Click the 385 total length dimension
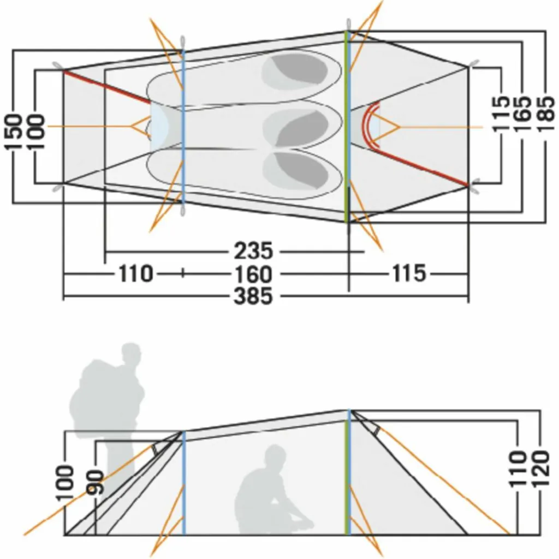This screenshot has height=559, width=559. point(253,296)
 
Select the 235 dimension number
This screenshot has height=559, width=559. point(253,251)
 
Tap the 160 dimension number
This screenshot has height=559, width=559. point(253,274)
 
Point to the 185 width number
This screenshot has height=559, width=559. point(546,114)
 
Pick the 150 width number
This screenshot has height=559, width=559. point(13,132)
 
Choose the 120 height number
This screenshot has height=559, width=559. point(540,468)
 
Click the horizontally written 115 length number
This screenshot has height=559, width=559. point(409,274)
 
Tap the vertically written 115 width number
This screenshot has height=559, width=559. point(501,114)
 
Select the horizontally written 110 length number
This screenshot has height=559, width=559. point(135,274)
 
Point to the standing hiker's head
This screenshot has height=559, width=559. point(130,353)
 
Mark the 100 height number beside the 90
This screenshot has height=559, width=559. point(67,482)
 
